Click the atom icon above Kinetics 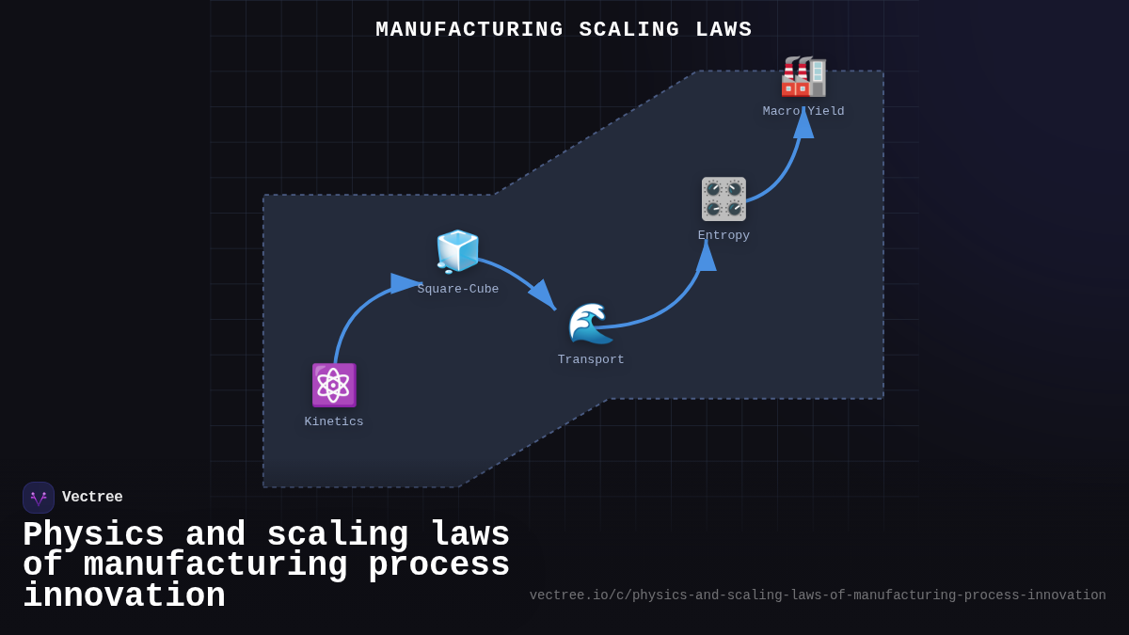[334, 385]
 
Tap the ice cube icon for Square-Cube [458, 251]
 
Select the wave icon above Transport [591, 324]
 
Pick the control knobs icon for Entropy [724, 198]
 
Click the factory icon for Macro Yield [803, 76]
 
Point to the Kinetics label [334, 421]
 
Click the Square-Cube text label [458, 289]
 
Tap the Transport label [591, 359]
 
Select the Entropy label [724, 235]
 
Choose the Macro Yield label [803, 111]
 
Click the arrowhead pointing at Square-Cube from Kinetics [406, 283]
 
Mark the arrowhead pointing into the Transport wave [543, 294]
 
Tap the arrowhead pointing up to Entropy [706, 256]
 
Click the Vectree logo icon [39, 498]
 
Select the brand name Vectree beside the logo [92, 498]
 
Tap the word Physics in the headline [93, 535]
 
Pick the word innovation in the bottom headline [124, 596]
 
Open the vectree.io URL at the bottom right [818, 595]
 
